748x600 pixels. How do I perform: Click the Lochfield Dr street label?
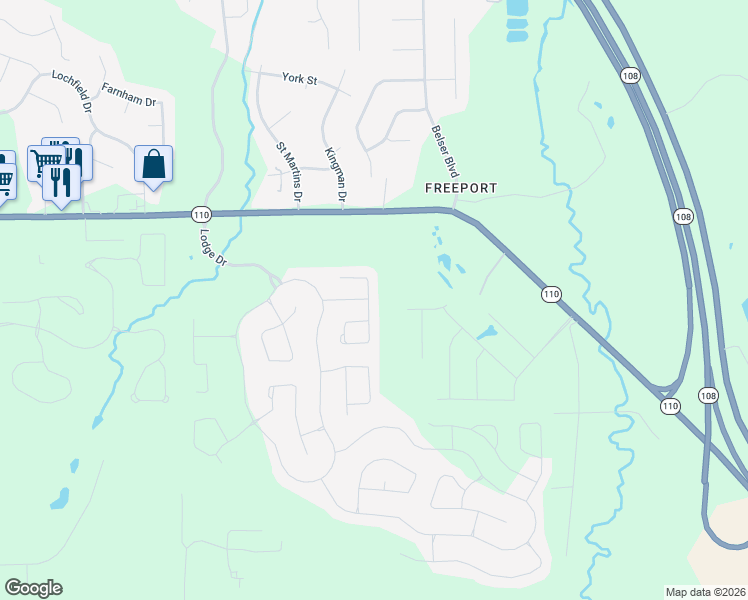click(x=73, y=90)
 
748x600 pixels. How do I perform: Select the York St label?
click(x=299, y=78)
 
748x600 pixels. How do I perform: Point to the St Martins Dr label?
click(x=288, y=173)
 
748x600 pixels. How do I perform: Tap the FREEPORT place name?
click(x=461, y=188)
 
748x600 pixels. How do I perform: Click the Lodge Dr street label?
click(x=213, y=247)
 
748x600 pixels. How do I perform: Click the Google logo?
click(x=33, y=588)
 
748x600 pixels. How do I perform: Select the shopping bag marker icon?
click(x=154, y=164)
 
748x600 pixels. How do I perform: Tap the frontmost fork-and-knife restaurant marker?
click(x=62, y=183)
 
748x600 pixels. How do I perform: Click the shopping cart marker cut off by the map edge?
click(x=4, y=176)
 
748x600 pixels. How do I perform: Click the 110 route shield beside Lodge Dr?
click(x=202, y=214)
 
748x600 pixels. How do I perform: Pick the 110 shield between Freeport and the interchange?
click(x=551, y=294)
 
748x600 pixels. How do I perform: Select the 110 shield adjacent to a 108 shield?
click(x=669, y=405)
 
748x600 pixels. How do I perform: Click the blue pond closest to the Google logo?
click(x=60, y=497)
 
